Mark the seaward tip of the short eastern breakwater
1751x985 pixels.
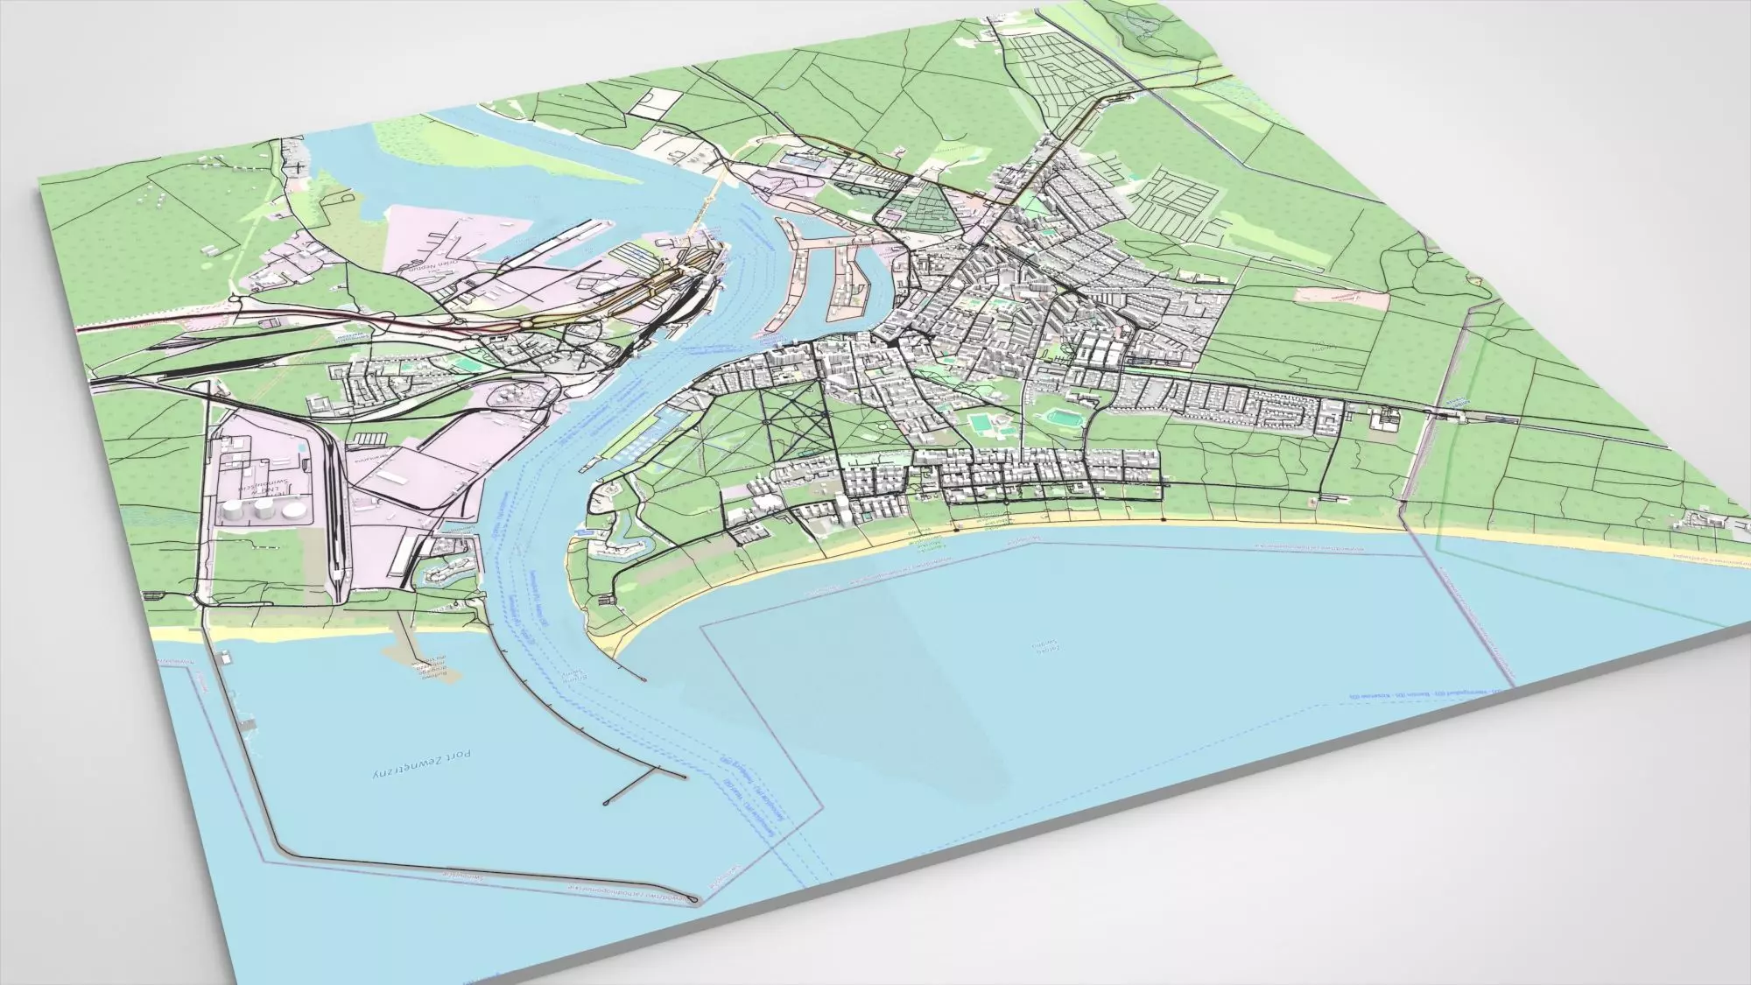tap(644, 679)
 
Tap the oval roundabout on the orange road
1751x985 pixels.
tap(531, 320)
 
